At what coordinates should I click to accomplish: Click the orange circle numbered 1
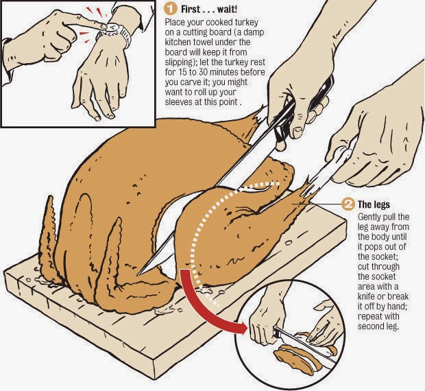[x=171, y=9]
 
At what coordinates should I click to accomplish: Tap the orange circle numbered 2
[x=348, y=204]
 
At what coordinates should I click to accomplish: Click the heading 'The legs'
[x=374, y=204]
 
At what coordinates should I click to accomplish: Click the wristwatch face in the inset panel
[x=113, y=27]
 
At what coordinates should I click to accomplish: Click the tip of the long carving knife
[x=138, y=274]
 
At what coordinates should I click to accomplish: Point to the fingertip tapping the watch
[x=103, y=26]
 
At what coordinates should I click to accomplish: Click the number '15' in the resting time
[x=182, y=73]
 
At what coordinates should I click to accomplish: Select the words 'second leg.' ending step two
[x=378, y=327]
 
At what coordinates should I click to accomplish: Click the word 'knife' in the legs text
[x=367, y=296]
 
